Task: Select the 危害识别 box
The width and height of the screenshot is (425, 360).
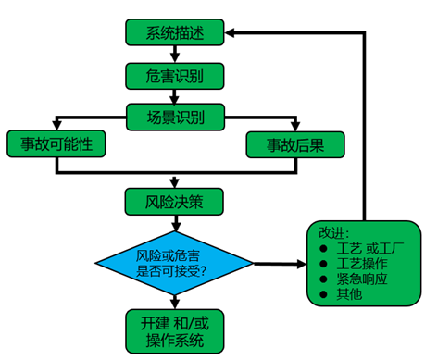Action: [175, 75]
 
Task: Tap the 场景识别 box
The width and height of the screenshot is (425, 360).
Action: [175, 117]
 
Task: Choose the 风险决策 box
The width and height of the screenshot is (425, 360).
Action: [175, 200]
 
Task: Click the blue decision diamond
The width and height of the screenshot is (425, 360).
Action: [175, 262]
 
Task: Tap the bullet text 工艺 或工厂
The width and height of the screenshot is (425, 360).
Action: [365, 250]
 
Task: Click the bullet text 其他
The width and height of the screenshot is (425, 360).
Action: [348, 294]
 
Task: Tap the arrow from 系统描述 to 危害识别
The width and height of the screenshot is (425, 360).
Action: [175, 55]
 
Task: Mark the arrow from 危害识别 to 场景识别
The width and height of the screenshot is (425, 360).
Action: [175, 96]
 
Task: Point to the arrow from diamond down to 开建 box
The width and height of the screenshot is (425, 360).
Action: [175, 298]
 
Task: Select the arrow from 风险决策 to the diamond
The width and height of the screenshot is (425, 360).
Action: [175, 223]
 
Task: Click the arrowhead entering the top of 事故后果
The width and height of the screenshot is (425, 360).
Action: [294, 127]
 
